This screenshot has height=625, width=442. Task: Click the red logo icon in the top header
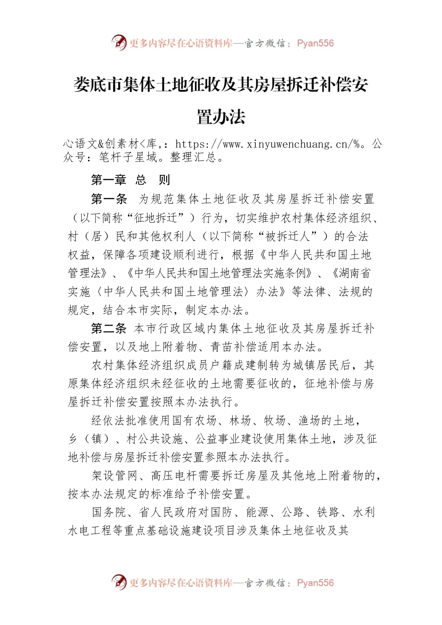pyautogui.click(x=119, y=43)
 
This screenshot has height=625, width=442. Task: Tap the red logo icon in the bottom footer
pyautogui.click(x=119, y=582)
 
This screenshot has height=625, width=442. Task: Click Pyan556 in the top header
pyautogui.click(x=315, y=43)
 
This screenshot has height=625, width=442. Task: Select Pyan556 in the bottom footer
pyautogui.click(x=315, y=583)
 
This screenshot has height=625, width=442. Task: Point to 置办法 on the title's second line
pyautogui.click(x=221, y=117)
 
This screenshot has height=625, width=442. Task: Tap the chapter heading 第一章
pyautogui.click(x=108, y=180)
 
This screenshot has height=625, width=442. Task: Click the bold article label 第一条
pyautogui.click(x=109, y=199)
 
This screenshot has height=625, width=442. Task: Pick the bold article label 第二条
pyautogui.click(x=109, y=329)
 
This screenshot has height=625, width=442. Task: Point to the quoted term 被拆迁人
pyautogui.click(x=287, y=236)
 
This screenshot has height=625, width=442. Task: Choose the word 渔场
pyautogui.click(x=309, y=421)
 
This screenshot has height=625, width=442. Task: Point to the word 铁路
pyautogui.click(x=328, y=512)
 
